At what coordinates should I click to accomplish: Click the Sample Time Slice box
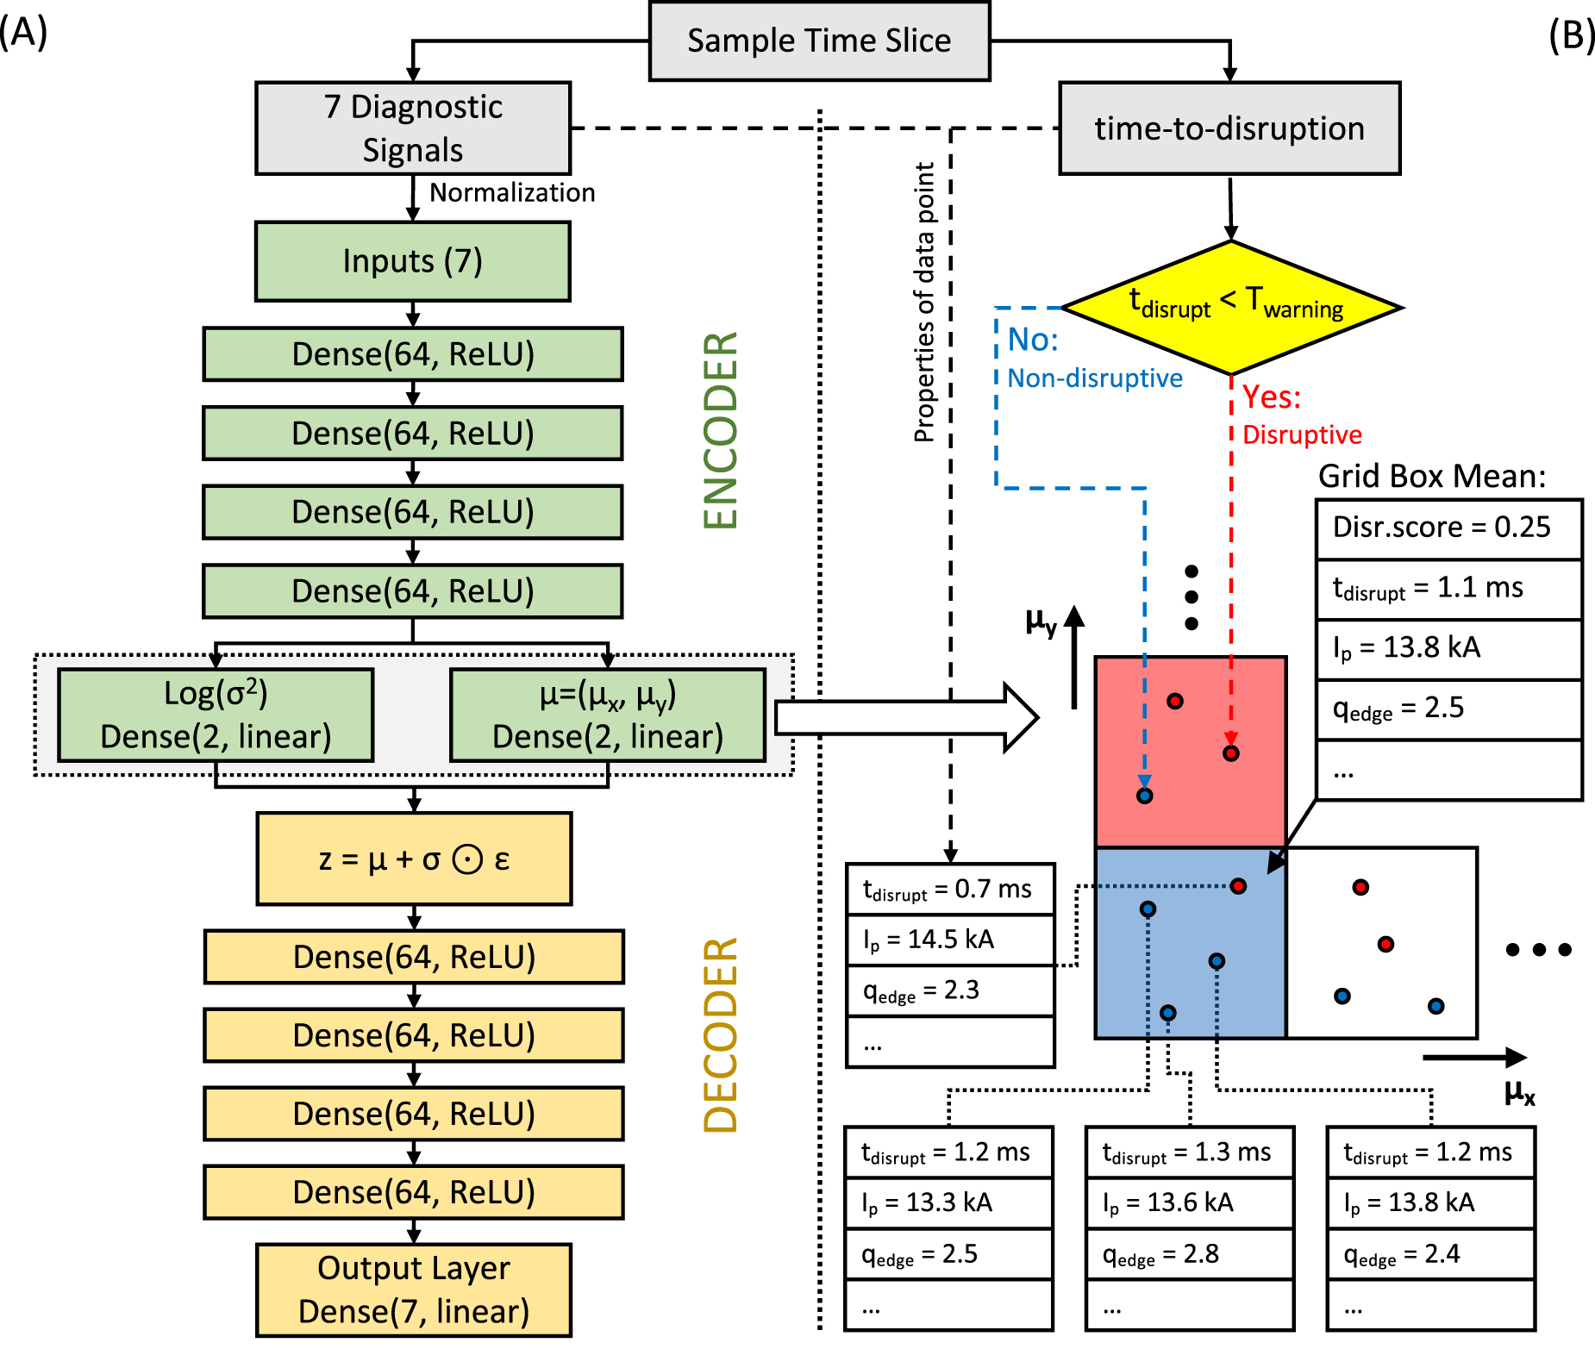(x=819, y=41)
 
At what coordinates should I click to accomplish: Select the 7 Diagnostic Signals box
(x=413, y=128)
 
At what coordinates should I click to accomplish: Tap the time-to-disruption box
(x=1229, y=128)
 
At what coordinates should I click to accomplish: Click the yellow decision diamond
(x=1232, y=307)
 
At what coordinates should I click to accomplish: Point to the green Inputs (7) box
(x=413, y=261)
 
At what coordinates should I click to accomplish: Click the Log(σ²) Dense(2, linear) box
(x=216, y=715)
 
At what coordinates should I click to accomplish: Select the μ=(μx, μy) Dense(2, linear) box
(x=608, y=715)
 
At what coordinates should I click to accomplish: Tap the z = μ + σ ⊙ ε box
(x=414, y=859)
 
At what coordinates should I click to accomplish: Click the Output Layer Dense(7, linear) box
(x=414, y=1290)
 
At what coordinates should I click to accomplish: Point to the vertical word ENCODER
(x=721, y=431)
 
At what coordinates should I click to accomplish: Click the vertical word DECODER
(x=721, y=1034)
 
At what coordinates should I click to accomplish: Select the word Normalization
(x=512, y=192)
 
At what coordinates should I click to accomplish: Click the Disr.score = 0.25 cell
(x=1448, y=528)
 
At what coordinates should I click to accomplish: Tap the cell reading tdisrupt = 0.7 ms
(x=950, y=889)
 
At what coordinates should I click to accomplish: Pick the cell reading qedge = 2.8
(x=1190, y=1254)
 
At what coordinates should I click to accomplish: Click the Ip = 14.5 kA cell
(x=950, y=940)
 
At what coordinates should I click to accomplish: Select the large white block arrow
(x=905, y=717)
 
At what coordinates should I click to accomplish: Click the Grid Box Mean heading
(x=1432, y=477)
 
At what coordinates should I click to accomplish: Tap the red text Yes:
(x=1272, y=397)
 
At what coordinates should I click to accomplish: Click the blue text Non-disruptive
(x=1095, y=378)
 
